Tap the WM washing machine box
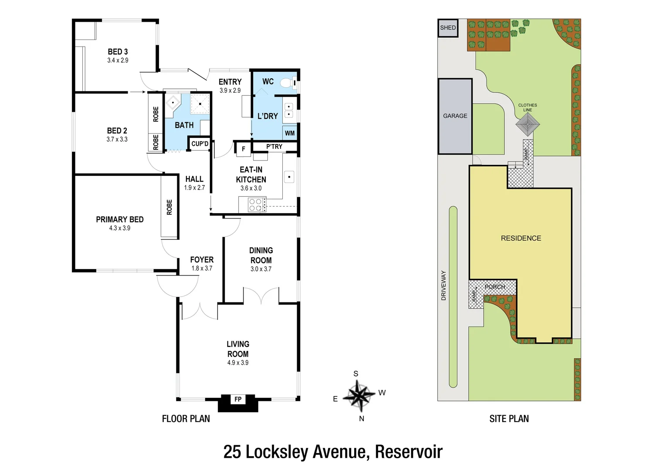coord(290,133)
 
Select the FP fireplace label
coord(238,399)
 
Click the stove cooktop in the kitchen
coord(256,205)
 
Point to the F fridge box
coord(243,149)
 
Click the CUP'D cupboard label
coord(200,144)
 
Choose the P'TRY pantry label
coord(274,147)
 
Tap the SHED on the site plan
coord(448,28)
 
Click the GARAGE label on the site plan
coord(455,116)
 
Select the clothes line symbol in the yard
coord(527,125)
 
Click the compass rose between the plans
coord(358,396)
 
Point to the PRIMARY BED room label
coord(120,220)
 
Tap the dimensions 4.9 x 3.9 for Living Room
coord(238,363)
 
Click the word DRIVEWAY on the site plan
coord(444,285)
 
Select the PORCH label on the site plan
coord(495,287)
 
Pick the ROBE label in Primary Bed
coord(169,207)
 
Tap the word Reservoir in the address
coord(409,452)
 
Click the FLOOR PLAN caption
coord(186,419)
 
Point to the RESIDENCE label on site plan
coord(521,238)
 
